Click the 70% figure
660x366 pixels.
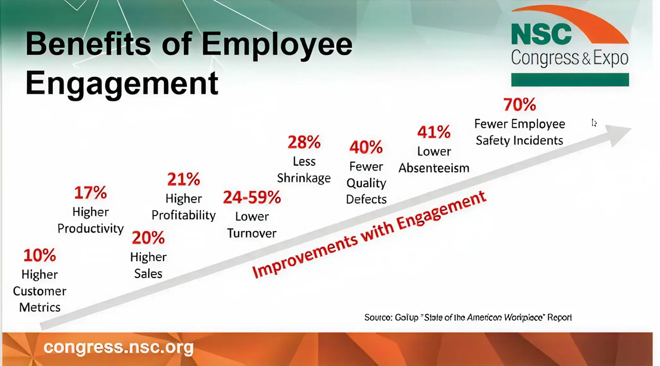coord(519,105)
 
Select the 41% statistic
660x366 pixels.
coord(434,132)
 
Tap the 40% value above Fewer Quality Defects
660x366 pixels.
coord(366,147)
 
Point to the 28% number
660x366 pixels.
coord(304,142)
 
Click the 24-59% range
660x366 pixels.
coord(252,197)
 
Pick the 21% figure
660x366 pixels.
coord(184,179)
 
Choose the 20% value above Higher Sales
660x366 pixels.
coord(148,238)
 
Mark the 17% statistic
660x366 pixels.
coord(91,193)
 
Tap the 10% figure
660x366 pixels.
coord(40,255)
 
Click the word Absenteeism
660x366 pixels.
coord(434,168)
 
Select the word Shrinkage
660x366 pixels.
coord(304,178)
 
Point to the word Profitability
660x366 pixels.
coord(184,215)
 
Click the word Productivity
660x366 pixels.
coord(91,229)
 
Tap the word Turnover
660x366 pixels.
coord(252,233)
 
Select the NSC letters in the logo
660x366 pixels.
coord(541,34)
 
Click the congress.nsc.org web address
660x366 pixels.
coord(118,348)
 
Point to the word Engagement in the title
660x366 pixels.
coord(122,83)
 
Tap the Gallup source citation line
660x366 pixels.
coord(468,318)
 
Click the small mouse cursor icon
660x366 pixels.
coord(594,123)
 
